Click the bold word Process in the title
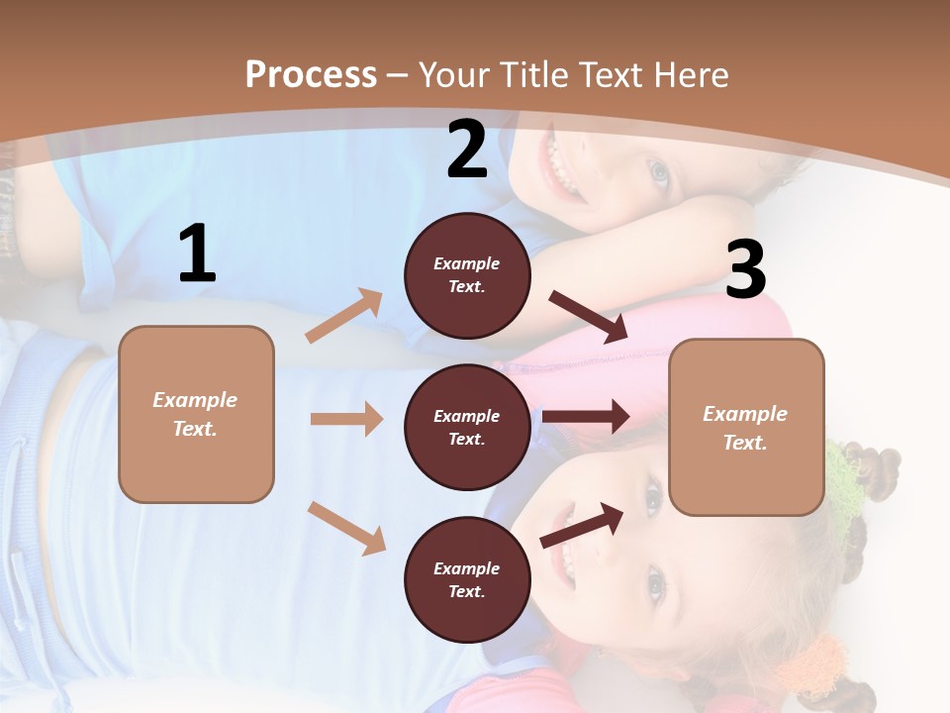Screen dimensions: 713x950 311,74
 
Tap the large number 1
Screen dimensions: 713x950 197,255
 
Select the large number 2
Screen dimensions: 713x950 467,150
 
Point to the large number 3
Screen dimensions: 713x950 746,270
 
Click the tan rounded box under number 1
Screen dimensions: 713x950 196,414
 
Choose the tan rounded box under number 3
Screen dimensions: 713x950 746,427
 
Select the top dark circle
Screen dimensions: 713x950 467,275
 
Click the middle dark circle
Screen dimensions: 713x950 467,427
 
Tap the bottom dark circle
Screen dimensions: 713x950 467,579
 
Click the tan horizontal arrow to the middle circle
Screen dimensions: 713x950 346,419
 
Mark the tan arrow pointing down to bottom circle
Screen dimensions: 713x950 346,527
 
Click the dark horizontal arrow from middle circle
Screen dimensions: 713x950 585,416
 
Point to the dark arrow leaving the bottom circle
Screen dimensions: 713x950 582,525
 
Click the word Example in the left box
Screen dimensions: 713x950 195,400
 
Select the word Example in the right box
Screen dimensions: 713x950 745,414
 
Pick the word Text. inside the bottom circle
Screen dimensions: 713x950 467,591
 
